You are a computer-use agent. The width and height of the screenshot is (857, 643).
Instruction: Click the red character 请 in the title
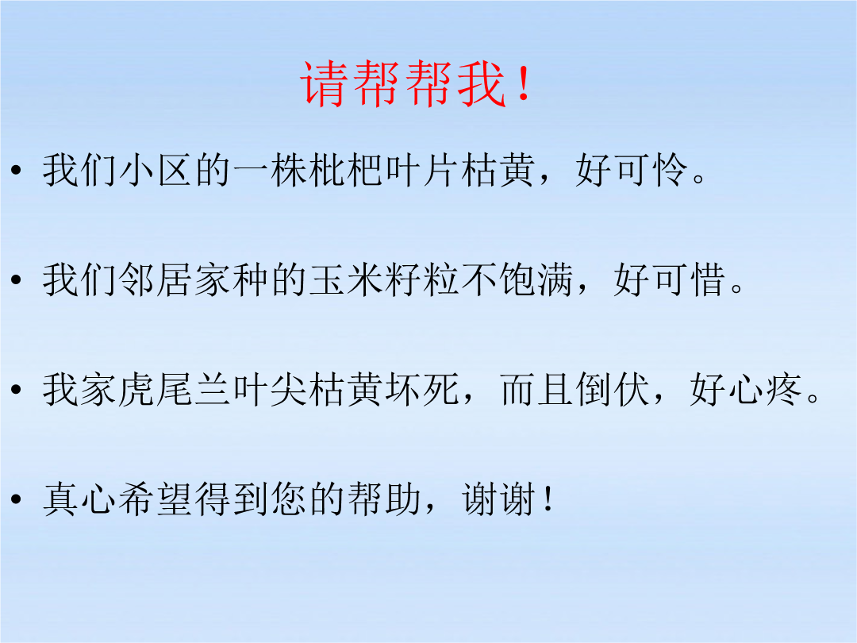pyautogui.click(x=325, y=83)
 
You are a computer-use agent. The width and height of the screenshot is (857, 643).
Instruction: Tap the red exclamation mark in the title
pyautogui.click(x=524, y=83)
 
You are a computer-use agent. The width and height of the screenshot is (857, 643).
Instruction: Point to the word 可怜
pyautogui.click(x=651, y=170)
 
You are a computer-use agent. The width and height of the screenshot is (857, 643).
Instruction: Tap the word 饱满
pyautogui.click(x=536, y=280)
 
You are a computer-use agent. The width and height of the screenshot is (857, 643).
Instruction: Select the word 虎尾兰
pyautogui.click(x=136, y=390)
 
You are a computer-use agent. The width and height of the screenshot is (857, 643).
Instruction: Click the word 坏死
pyautogui.click(x=421, y=390)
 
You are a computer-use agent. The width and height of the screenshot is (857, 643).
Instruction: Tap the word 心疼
pyautogui.click(x=765, y=390)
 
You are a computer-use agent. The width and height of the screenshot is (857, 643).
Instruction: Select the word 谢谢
pyautogui.click(x=498, y=500)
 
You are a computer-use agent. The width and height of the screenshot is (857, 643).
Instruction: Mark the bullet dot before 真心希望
pyautogui.click(x=17, y=499)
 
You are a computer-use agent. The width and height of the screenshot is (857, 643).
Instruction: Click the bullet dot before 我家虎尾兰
pyautogui.click(x=17, y=389)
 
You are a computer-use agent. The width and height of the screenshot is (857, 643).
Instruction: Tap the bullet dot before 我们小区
pyautogui.click(x=17, y=170)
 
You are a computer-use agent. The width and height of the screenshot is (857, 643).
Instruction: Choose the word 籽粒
pyautogui.click(x=421, y=280)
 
